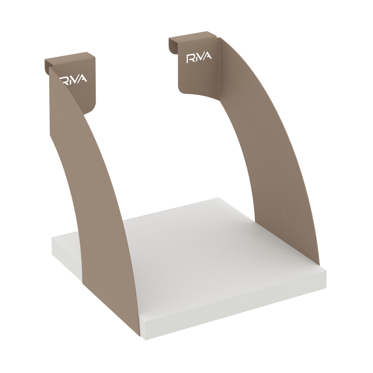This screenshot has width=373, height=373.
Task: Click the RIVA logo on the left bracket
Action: coord(73,79)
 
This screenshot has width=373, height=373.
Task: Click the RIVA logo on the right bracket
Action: coord(199,58)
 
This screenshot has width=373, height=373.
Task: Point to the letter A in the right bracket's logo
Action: coord(208,56)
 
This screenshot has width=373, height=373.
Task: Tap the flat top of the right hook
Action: coord(192,36)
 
